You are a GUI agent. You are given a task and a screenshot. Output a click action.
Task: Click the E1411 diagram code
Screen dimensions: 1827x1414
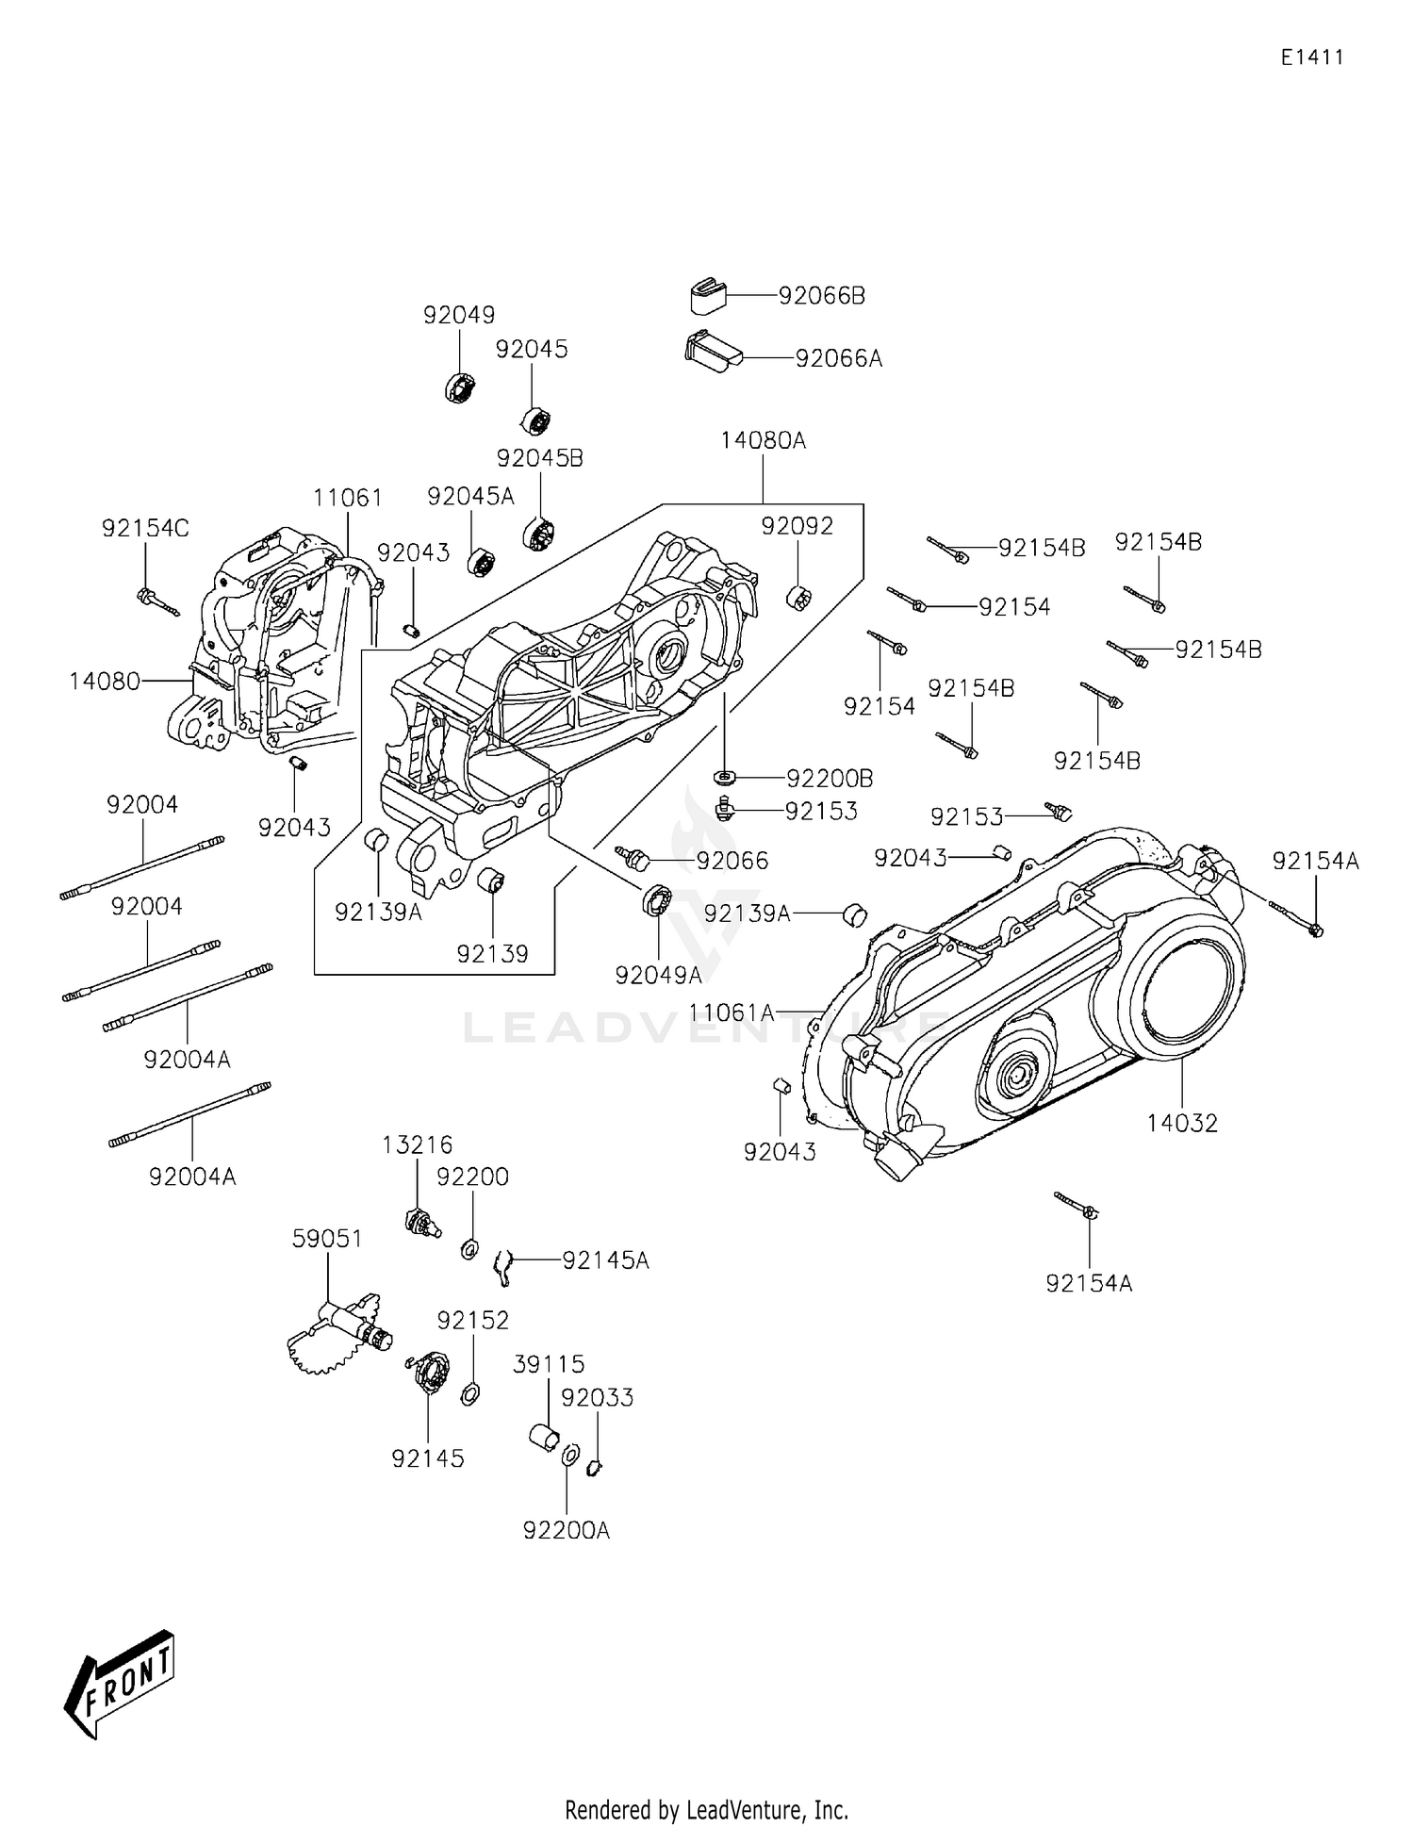point(1311,58)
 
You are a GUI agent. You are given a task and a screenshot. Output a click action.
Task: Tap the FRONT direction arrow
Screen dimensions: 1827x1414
point(120,1683)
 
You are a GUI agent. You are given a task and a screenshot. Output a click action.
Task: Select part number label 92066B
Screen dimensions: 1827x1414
point(820,296)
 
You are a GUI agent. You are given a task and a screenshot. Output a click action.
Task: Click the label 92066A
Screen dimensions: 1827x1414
point(838,359)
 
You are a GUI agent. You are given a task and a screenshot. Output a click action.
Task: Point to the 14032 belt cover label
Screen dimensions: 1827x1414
point(1181,1123)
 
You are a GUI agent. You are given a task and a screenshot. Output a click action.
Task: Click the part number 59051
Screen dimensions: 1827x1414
point(327,1238)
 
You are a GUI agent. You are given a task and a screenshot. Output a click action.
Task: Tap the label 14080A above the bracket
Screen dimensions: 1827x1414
point(763,440)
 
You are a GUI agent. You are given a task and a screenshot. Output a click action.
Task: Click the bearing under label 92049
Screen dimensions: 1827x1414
point(459,387)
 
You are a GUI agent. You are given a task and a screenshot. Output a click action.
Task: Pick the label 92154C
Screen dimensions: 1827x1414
point(145,529)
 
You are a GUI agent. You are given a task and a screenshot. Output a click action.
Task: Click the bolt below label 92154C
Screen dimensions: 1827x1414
point(157,601)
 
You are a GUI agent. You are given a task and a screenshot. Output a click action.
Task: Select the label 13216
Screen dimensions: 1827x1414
point(417,1144)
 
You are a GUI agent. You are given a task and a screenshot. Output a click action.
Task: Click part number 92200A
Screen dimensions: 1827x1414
point(566,1530)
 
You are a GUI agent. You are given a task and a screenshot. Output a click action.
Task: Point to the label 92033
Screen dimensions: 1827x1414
point(597,1397)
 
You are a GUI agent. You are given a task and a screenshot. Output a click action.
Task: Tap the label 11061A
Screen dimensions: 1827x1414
point(731,1012)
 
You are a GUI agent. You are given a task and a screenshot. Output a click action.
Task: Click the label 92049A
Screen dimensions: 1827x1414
point(658,976)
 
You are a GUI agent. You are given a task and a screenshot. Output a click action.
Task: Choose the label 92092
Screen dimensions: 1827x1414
point(797,526)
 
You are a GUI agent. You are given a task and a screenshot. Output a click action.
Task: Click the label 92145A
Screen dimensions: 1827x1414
point(605,1260)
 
